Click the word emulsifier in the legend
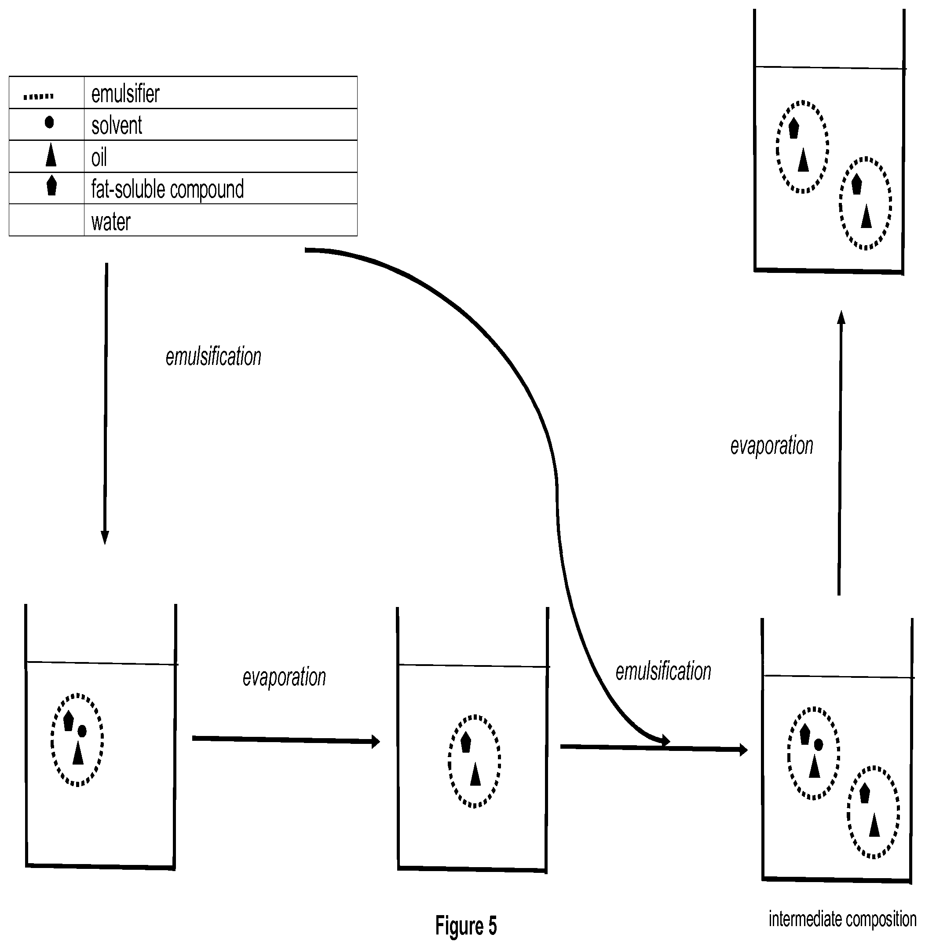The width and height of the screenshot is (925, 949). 125,93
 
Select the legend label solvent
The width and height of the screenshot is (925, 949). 117,125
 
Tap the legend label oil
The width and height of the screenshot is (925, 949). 99,157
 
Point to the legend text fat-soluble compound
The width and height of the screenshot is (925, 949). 168,189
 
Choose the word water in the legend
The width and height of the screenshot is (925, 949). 111,222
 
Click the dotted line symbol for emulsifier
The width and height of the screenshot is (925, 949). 39,97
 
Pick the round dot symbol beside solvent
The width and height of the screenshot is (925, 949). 49,122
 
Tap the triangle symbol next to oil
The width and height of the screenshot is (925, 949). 51,155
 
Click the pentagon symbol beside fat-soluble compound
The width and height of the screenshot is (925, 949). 51,186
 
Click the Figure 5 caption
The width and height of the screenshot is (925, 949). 466,926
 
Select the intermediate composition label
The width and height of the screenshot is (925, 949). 842,920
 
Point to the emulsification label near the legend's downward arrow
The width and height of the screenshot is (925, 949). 213,357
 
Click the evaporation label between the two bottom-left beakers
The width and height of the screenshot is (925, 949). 284,677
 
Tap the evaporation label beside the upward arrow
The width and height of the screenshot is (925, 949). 771,445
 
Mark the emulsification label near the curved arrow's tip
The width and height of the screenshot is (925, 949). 663,671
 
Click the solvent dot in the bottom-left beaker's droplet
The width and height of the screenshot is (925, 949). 82,731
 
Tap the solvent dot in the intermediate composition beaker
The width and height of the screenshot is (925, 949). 818,744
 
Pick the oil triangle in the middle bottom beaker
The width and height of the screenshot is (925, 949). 475,774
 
